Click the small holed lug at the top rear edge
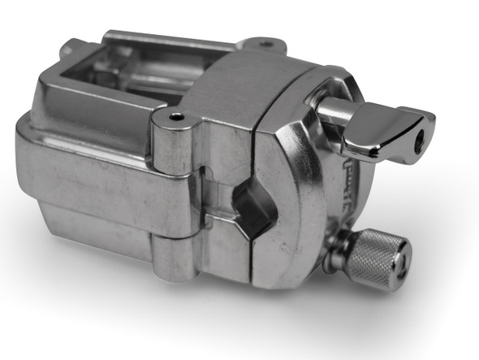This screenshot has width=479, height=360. [x=265, y=44]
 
